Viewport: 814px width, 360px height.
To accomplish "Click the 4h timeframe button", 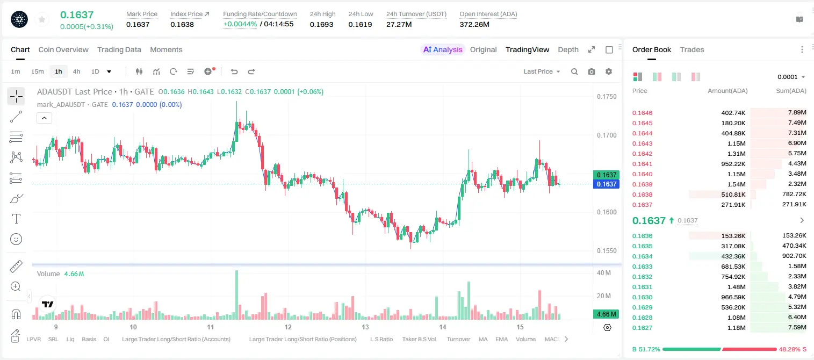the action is (76, 71).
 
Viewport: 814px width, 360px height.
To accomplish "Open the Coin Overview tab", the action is (63, 49).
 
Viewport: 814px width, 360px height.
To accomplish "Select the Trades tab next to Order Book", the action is (692, 49).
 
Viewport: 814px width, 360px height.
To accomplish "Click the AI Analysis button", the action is (443, 49).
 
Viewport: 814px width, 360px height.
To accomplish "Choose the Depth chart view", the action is (568, 49).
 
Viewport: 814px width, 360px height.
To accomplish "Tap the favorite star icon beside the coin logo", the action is (42, 19).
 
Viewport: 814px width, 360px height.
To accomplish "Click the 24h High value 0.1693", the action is (321, 24).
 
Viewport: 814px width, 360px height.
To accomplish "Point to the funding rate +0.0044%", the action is (240, 24).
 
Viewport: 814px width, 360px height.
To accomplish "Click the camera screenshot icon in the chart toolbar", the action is (591, 71).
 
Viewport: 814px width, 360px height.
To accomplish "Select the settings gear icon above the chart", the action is (609, 71).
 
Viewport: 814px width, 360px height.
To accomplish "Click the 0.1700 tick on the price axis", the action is (607, 135).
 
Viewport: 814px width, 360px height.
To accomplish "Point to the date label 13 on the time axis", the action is (365, 327).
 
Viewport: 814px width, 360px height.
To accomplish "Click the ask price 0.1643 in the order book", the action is (642, 143).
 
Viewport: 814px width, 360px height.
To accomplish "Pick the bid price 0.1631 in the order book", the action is (642, 287).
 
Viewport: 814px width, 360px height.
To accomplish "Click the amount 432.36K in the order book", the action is (733, 256).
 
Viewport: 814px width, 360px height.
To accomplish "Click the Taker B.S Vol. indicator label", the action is (419, 339).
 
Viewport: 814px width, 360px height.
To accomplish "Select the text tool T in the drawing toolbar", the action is (16, 219).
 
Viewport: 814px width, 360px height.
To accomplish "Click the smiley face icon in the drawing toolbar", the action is (16, 239).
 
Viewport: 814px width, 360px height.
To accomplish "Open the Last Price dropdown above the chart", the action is (542, 71).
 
